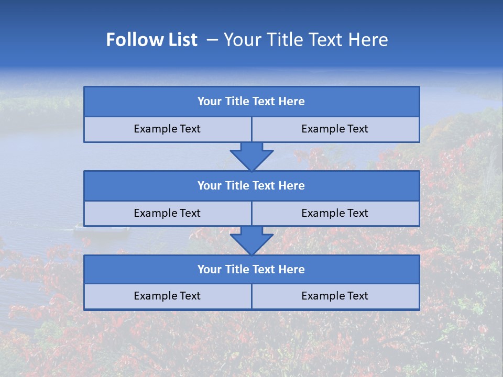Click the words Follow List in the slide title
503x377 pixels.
(x=152, y=40)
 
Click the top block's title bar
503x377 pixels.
(x=251, y=102)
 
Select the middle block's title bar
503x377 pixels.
(x=251, y=186)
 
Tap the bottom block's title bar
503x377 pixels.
(x=251, y=270)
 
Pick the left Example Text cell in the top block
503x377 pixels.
(x=168, y=129)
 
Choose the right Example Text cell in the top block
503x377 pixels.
(x=335, y=129)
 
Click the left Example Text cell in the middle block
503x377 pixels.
(x=168, y=214)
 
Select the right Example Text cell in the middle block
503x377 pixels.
(x=335, y=214)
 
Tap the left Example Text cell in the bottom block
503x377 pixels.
(x=168, y=296)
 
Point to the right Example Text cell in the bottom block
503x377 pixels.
(x=335, y=296)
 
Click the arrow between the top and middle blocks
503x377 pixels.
(x=251, y=156)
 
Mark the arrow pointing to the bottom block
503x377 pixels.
(x=251, y=240)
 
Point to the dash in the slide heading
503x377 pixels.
(x=212, y=40)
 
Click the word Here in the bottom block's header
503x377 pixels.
(x=291, y=270)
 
